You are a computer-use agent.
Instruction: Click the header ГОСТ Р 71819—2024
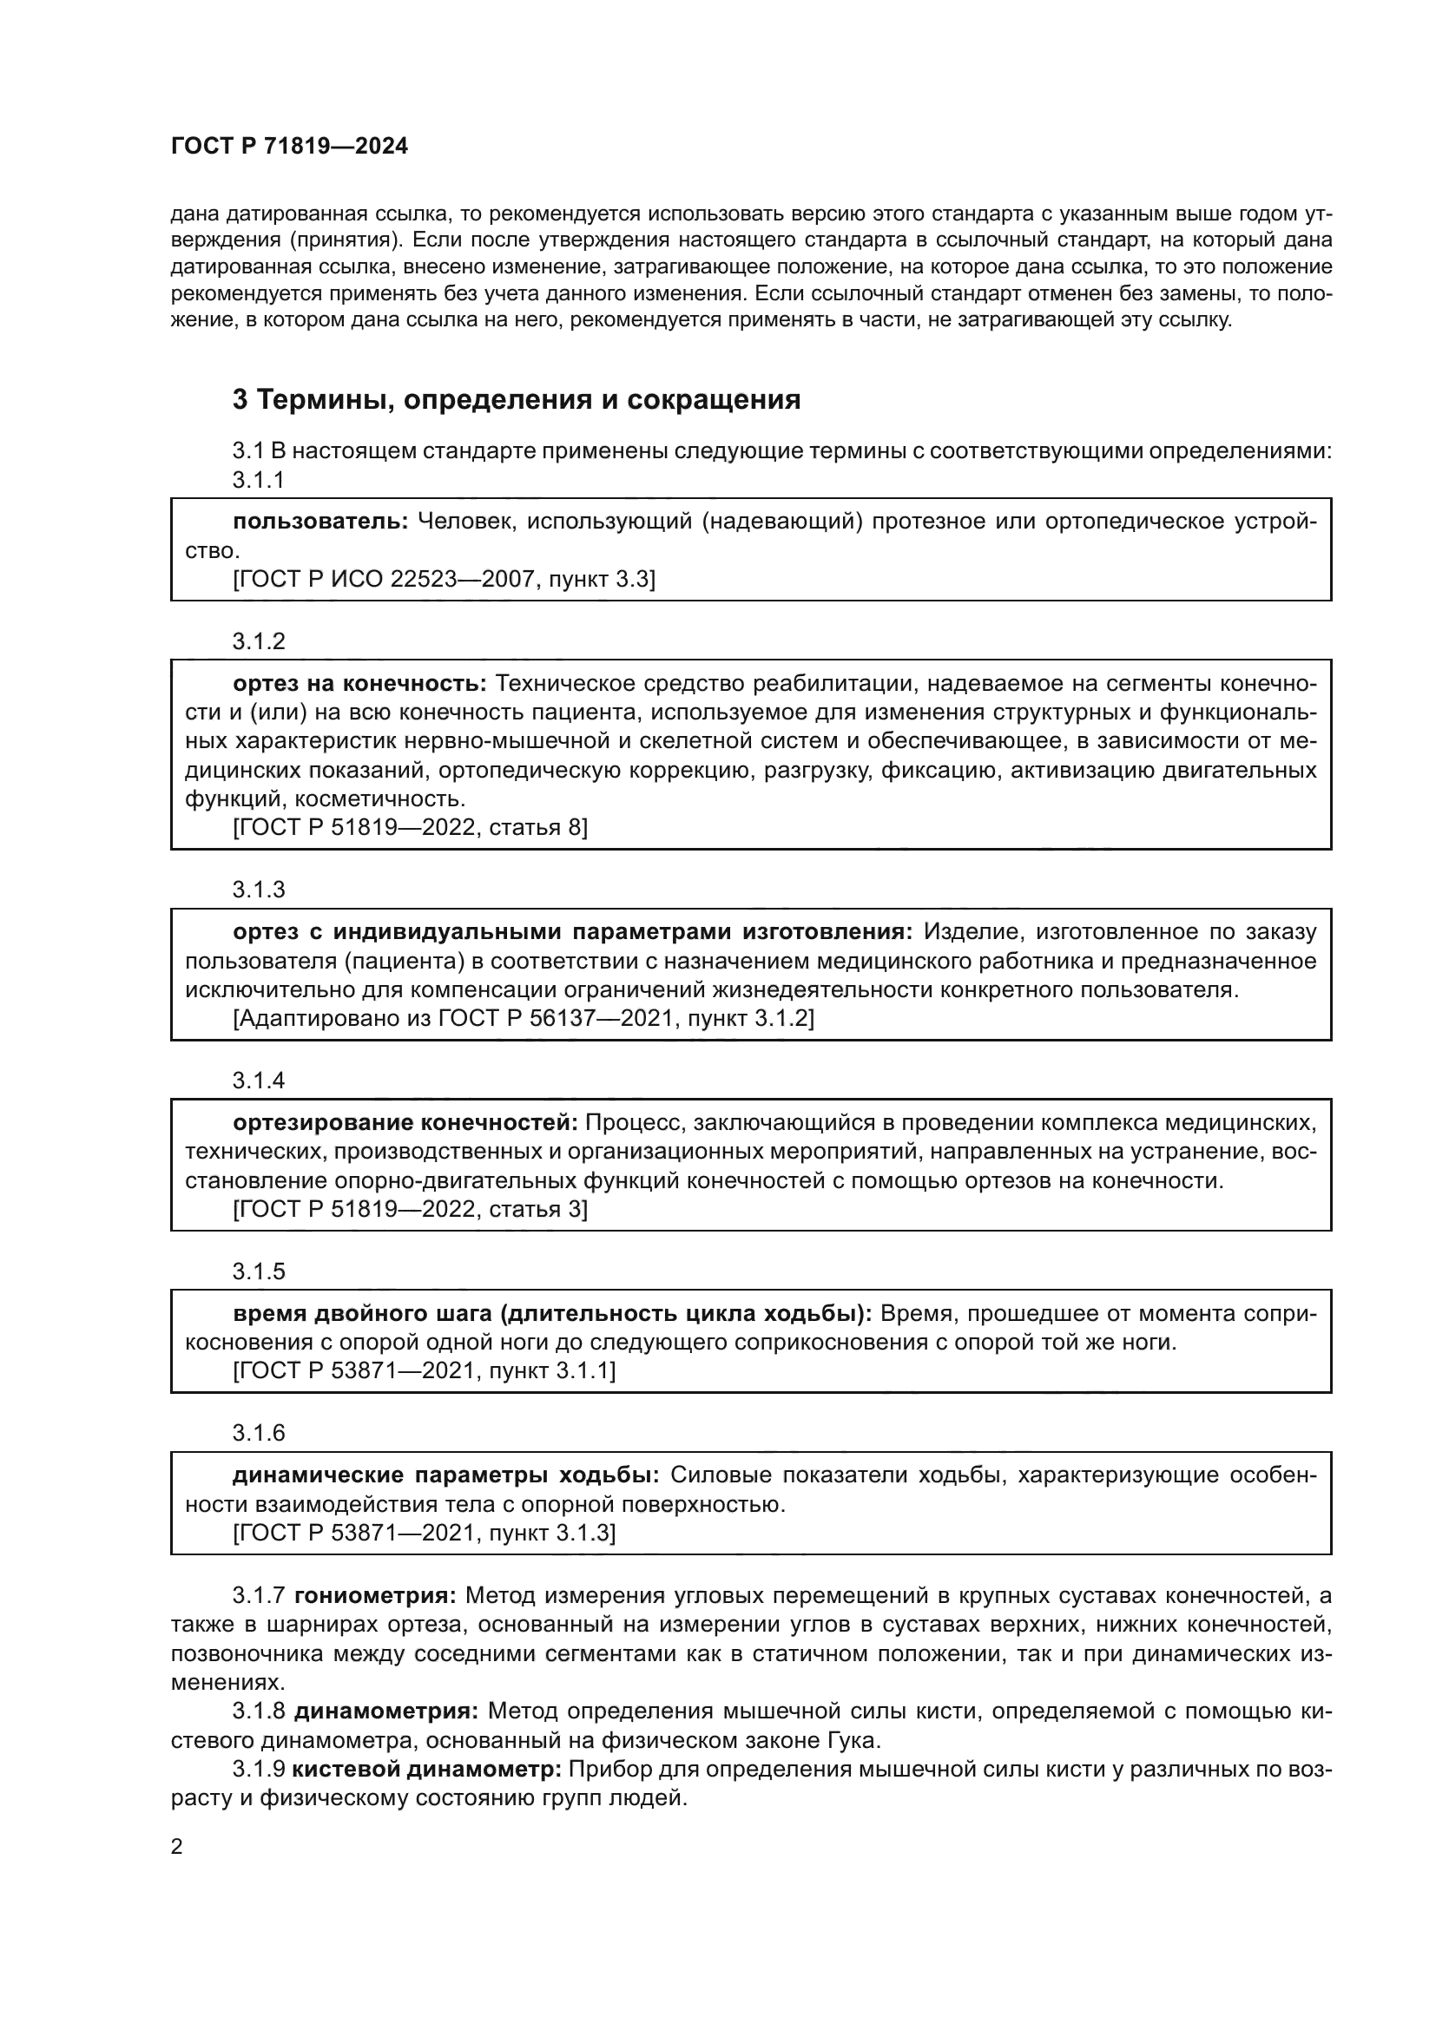click(289, 147)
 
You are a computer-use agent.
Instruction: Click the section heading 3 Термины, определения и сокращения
click(517, 399)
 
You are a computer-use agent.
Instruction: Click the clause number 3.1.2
click(258, 642)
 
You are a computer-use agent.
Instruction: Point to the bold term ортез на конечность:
click(360, 683)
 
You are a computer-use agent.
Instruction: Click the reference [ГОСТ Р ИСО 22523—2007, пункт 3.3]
click(444, 579)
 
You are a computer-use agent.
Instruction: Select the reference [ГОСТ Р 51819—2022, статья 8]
click(410, 828)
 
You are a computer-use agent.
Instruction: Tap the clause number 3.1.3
click(258, 890)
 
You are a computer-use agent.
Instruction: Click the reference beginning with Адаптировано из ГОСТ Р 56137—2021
click(523, 1019)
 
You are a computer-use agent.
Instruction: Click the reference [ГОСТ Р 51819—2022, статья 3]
click(410, 1209)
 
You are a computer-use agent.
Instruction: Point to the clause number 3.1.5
click(258, 1271)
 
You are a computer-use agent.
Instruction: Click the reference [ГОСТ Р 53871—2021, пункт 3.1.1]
click(424, 1371)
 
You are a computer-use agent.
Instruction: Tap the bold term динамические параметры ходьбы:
click(445, 1475)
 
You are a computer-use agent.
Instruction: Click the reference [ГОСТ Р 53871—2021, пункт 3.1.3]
click(424, 1532)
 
